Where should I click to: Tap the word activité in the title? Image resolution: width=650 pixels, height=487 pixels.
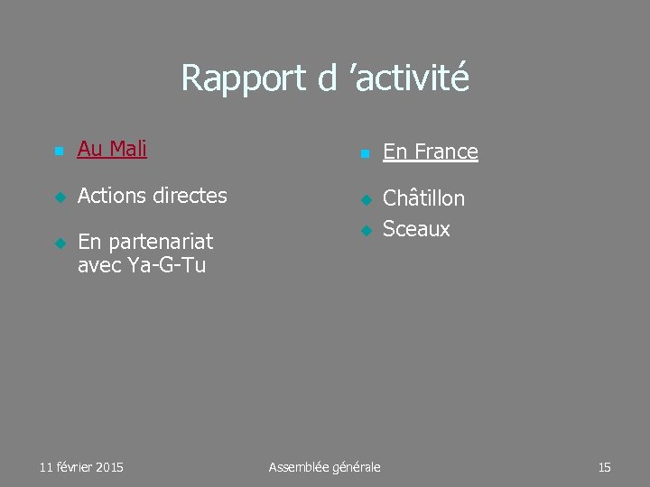click(413, 78)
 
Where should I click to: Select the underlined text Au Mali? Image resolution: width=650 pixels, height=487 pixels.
click(112, 149)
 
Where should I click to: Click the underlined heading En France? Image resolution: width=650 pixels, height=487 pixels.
click(431, 152)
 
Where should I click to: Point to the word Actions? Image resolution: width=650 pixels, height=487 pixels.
click(113, 195)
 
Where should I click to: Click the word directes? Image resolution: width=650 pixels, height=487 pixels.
click(190, 195)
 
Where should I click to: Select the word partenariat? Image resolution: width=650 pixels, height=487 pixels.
click(158, 242)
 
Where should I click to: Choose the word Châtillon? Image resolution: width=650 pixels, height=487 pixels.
click(424, 198)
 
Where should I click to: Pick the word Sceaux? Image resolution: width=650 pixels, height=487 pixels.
click(416, 229)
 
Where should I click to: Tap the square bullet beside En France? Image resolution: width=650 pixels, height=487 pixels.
click(364, 154)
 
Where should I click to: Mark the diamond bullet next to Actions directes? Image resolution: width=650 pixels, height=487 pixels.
click(59, 197)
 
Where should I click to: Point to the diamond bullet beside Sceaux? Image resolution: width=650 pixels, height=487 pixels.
click(365, 230)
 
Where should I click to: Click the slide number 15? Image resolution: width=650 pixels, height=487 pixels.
click(604, 467)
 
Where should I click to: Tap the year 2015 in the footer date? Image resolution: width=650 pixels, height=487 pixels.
click(107, 467)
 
